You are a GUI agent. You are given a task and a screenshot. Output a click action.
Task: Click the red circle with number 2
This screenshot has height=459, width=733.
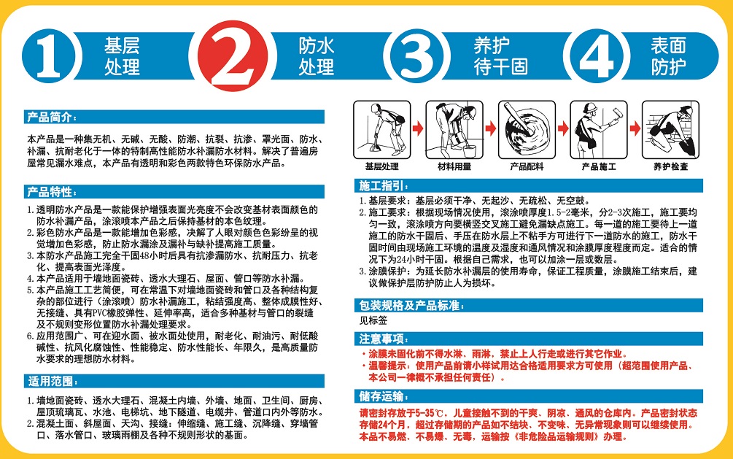233,55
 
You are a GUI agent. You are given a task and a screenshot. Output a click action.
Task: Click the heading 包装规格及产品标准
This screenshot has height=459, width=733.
411,306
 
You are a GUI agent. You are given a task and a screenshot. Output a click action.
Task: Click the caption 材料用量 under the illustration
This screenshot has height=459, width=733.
454,166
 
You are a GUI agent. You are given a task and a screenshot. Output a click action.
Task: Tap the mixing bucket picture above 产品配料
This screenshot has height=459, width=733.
527,130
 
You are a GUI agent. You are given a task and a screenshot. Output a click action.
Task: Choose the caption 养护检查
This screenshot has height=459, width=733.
671,166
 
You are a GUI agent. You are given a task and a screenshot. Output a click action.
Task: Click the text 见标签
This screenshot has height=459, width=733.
373,320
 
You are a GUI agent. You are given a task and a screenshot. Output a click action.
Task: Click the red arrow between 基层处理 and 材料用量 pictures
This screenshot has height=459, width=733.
418,128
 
